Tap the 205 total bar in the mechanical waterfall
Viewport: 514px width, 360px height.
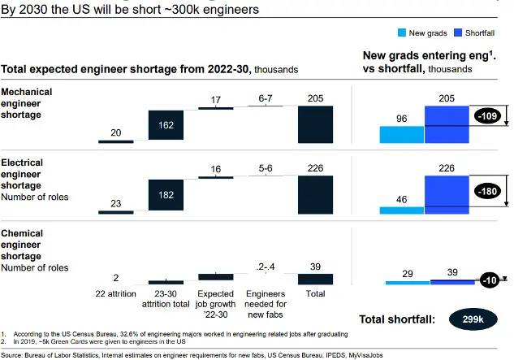click(x=315, y=124)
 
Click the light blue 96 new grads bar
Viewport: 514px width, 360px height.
click(x=401, y=135)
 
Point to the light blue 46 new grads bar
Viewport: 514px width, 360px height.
click(x=401, y=210)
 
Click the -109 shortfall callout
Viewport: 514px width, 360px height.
click(x=488, y=115)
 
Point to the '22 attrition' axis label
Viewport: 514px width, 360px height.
click(x=116, y=291)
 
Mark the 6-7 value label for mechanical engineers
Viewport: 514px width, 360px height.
click(x=265, y=99)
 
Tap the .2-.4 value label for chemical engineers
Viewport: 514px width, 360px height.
click(x=265, y=267)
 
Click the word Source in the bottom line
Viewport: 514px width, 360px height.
click(x=12, y=354)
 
